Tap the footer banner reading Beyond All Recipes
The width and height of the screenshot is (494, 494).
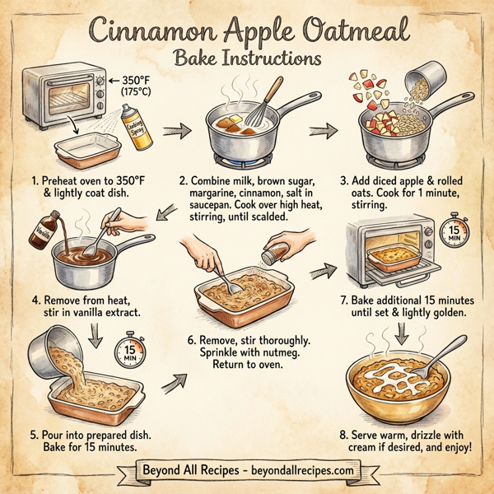(247, 470)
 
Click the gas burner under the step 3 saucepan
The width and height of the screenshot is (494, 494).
(399, 154)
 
